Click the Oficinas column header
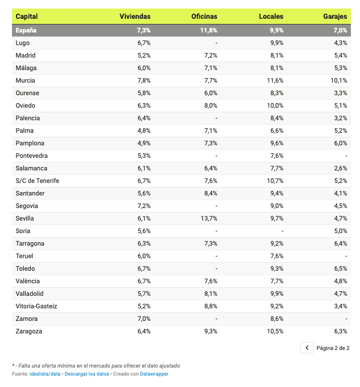pyautogui.click(x=204, y=17)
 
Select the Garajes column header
pyautogui.click(x=334, y=17)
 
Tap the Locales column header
pyautogui.click(x=271, y=17)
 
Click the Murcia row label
pyautogui.click(x=26, y=80)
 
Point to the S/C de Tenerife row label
pyautogui.click(x=38, y=181)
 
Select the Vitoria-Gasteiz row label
pyautogui.click(x=36, y=306)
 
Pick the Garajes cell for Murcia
pyautogui.click(x=338, y=80)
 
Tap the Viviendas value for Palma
pyautogui.click(x=144, y=131)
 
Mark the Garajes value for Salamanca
pyautogui.click(x=341, y=168)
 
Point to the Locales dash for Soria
pyautogui.click(x=282, y=231)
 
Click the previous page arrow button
pyautogui.click(x=307, y=348)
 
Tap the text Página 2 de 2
pyautogui.click(x=333, y=348)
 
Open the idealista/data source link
pyautogui.click(x=45, y=374)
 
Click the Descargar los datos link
pyautogui.click(x=87, y=374)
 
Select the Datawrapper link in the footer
pyautogui.click(x=154, y=374)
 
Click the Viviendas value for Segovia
pyautogui.click(x=144, y=206)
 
